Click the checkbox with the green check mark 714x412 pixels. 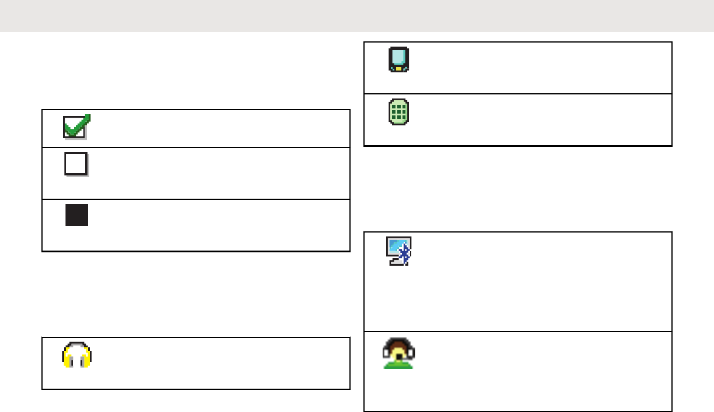click(76, 127)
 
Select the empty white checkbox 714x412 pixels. click(76, 164)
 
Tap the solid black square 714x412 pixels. click(76, 216)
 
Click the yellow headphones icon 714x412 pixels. click(76, 355)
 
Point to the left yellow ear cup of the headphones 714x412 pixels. click(67, 360)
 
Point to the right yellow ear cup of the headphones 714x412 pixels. click(86, 360)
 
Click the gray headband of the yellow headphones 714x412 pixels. click(76, 345)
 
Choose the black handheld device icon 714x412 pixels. click(399, 60)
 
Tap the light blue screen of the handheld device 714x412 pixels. click(399, 57)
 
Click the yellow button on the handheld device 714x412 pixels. click(399, 68)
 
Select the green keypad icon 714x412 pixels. click(399, 112)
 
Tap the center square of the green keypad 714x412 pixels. click(399, 112)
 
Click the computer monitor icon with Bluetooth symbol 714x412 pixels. click(400, 251)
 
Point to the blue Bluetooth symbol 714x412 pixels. click(407, 253)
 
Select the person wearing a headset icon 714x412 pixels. click(399, 354)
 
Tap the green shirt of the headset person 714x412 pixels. click(399, 364)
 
